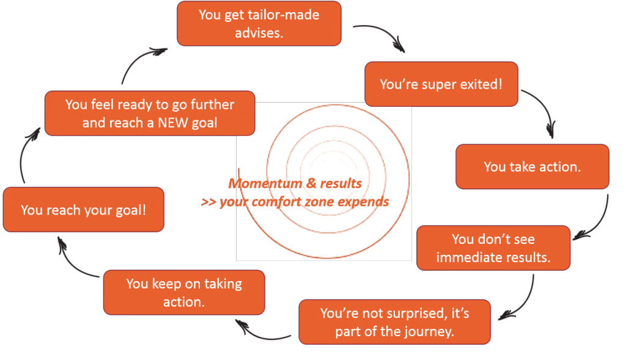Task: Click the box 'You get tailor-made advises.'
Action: click(x=259, y=24)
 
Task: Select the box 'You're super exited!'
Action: click(x=441, y=84)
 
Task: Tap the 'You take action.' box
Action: click(x=532, y=166)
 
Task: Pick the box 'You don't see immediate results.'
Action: click(x=493, y=248)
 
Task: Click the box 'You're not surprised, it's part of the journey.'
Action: click(x=394, y=322)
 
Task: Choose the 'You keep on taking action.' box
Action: click(x=184, y=293)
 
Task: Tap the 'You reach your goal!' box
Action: click(x=83, y=210)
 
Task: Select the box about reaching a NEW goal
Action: click(x=150, y=113)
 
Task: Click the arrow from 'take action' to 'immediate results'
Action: click(x=600, y=224)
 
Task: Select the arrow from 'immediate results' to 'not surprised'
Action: click(x=525, y=303)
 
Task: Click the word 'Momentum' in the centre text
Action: click(x=265, y=183)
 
